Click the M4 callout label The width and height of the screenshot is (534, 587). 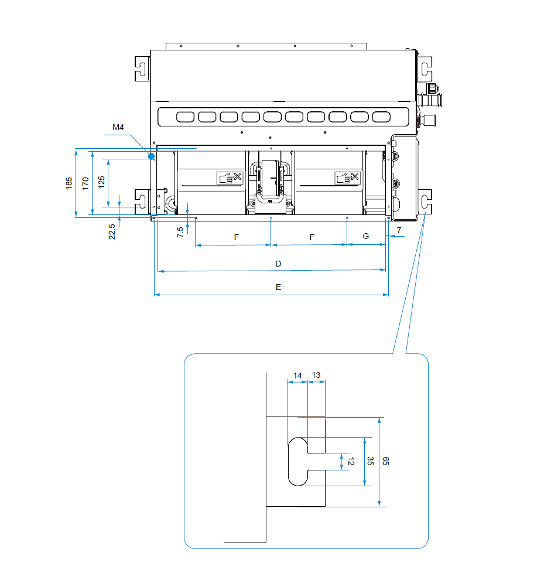tap(119, 127)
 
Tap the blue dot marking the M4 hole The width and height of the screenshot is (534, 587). tap(151, 156)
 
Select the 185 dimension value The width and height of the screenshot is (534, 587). tap(69, 183)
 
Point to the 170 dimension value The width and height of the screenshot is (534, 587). tap(85, 183)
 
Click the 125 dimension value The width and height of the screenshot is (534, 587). tap(102, 182)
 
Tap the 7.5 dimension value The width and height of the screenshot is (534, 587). tap(180, 230)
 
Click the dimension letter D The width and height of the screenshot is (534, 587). tap(279, 264)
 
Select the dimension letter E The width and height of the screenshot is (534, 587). tap(279, 288)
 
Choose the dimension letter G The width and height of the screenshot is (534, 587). tap(366, 237)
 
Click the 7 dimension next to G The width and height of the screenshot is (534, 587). tap(398, 230)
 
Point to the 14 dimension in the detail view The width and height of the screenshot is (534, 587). tap(297, 375)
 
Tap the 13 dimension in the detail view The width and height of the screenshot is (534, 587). tap(316, 375)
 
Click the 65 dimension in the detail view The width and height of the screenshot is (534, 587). tap(386, 461)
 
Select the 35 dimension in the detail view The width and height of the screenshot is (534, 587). tap(370, 461)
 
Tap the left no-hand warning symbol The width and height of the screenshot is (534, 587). tap(229, 178)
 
